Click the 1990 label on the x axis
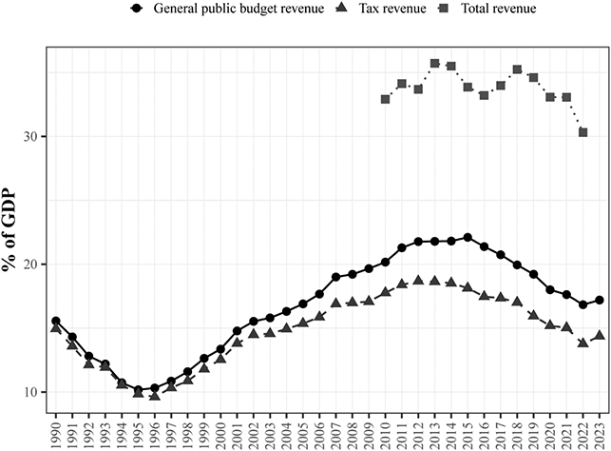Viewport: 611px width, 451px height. [x=56, y=431]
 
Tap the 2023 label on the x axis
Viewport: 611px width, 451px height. [x=600, y=431]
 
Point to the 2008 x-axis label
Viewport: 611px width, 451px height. [x=353, y=431]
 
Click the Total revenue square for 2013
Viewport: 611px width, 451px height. [x=434, y=64]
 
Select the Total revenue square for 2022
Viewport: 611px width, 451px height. [x=582, y=132]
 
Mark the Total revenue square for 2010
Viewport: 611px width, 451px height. [x=385, y=99]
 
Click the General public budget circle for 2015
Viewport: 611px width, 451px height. [x=468, y=237]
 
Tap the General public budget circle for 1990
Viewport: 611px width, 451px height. [x=56, y=322]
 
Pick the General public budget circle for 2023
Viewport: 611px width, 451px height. [x=600, y=301]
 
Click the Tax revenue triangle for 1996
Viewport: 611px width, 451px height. [x=155, y=396]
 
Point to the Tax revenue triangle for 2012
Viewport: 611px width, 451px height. [x=418, y=281]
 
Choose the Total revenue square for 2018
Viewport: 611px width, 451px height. [x=517, y=69]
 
